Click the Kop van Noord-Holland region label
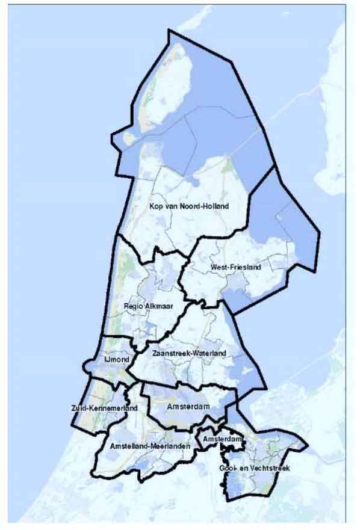[190, 206]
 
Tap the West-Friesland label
[235, 267]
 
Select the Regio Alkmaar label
[144, 306]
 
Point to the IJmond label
[114, 360]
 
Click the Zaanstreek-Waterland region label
[190, 353]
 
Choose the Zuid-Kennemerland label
[104, 408]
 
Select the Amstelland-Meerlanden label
[151, 447]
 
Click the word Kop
[155, 206]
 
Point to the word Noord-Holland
[209, 206]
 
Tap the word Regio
[132, 306]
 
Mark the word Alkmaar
[155, 306]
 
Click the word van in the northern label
[172, 206]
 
